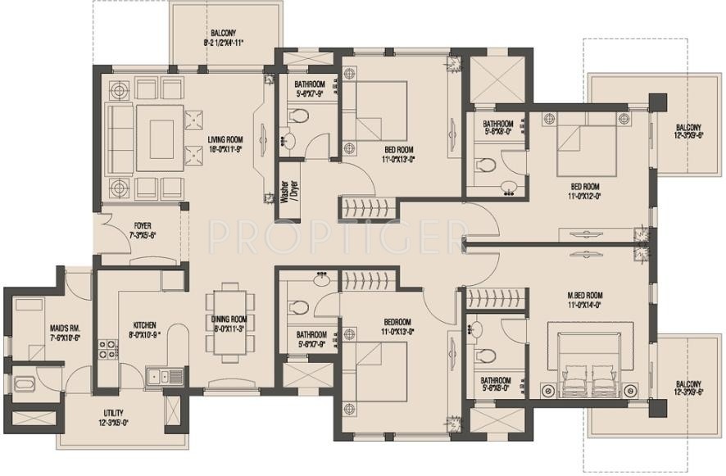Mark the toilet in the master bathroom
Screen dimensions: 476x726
[487, 356]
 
